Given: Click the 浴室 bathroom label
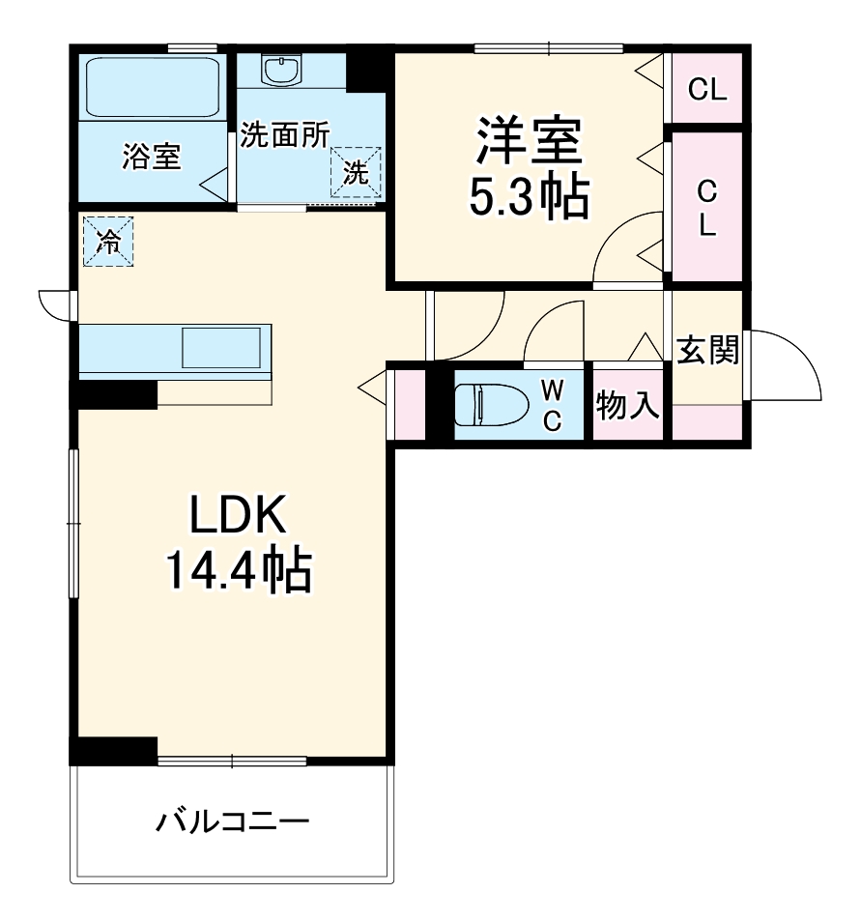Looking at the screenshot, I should (x=152, y=157).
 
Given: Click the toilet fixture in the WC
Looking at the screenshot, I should (x=488, y=405).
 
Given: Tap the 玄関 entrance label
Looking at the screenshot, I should (x=706, y=350).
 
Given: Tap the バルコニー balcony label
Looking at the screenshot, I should (x=232, y=823).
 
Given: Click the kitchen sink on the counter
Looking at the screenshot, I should (x=222, y=347).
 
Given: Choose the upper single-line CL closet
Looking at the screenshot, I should (x=706, y=90).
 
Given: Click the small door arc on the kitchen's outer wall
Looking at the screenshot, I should (x=54, y=303).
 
